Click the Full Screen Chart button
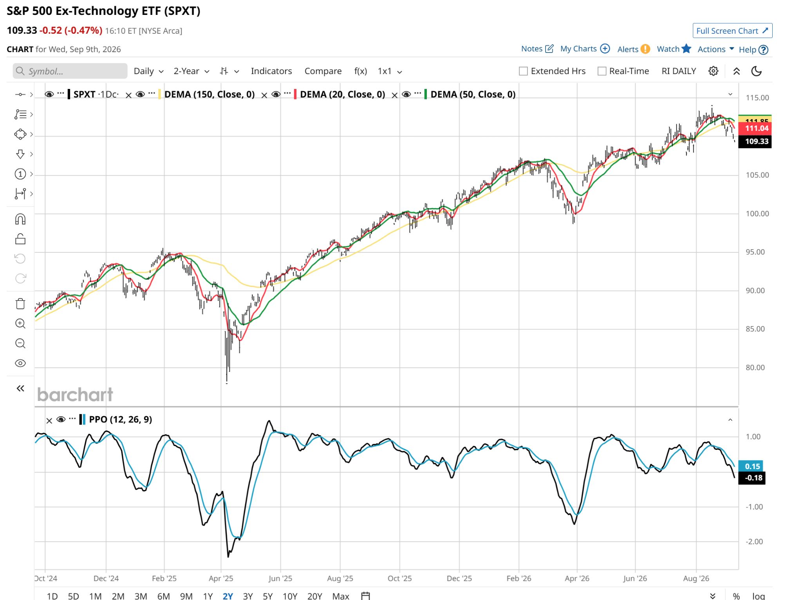732,31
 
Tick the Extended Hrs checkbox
523,71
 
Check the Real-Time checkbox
602,71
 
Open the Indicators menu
271,71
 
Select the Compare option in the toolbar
323,71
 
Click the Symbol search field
70,71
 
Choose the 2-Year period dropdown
191,71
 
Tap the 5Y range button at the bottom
268,596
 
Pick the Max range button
340,596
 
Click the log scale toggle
759,596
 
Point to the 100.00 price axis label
757,214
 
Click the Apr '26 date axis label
577,578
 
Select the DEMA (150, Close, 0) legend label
210,94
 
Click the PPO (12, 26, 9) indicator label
121,419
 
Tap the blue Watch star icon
686,49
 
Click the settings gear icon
713,71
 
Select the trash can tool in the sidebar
20,304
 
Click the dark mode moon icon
756,71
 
